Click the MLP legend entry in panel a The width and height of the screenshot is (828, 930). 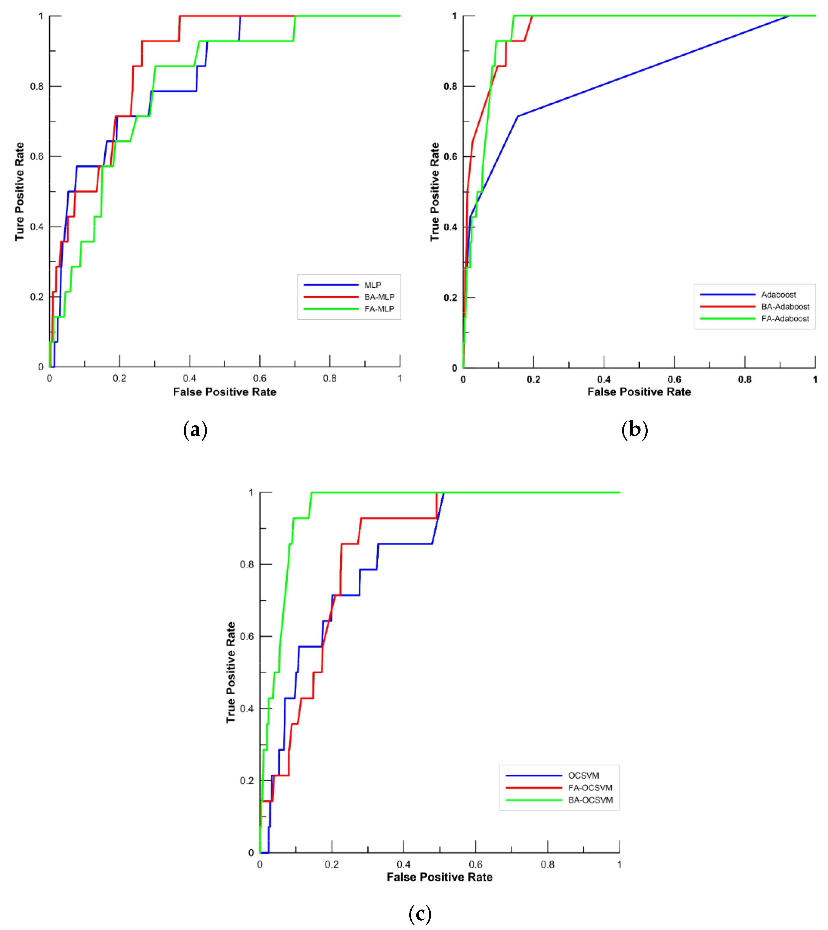372,285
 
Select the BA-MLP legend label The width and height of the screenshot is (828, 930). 379,297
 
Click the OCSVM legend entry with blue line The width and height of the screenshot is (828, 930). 583,775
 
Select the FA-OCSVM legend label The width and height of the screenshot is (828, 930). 590,788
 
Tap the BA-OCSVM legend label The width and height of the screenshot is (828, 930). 590,800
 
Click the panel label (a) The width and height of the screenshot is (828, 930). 195,429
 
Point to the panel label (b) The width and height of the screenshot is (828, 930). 634,429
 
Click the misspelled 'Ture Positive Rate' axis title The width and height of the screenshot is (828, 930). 19,191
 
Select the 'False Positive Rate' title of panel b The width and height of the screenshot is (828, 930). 639,392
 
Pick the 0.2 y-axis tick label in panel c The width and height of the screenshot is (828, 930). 246,780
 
